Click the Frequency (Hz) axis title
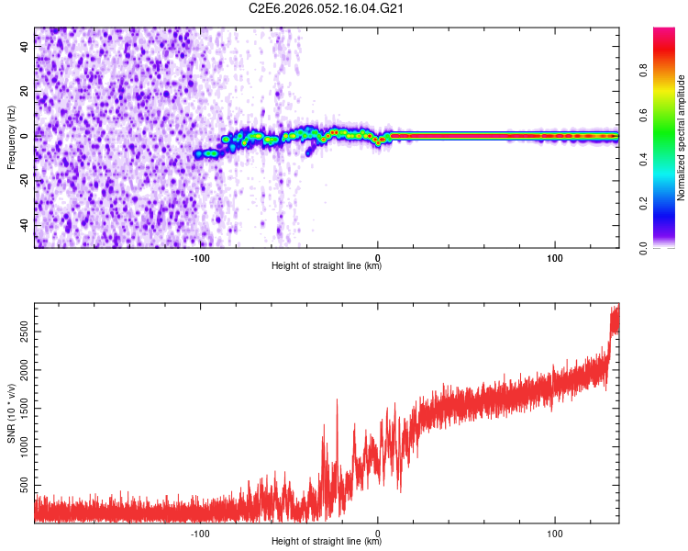coord(11,138)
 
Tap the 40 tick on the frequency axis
coord(26,47)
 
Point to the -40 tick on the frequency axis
coord(26,224)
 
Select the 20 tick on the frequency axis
coord(26,92)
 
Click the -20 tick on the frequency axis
coord(26,180)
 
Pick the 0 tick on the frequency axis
coord(26,136)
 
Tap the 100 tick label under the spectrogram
coord(555,258)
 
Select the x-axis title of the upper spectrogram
coord(327,266)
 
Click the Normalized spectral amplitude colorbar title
coord(682,138)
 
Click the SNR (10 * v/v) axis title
coord(11,412)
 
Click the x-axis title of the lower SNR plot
coord(327,541)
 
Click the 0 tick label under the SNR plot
coord(378,533)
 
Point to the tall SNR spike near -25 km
coord(337,400)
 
